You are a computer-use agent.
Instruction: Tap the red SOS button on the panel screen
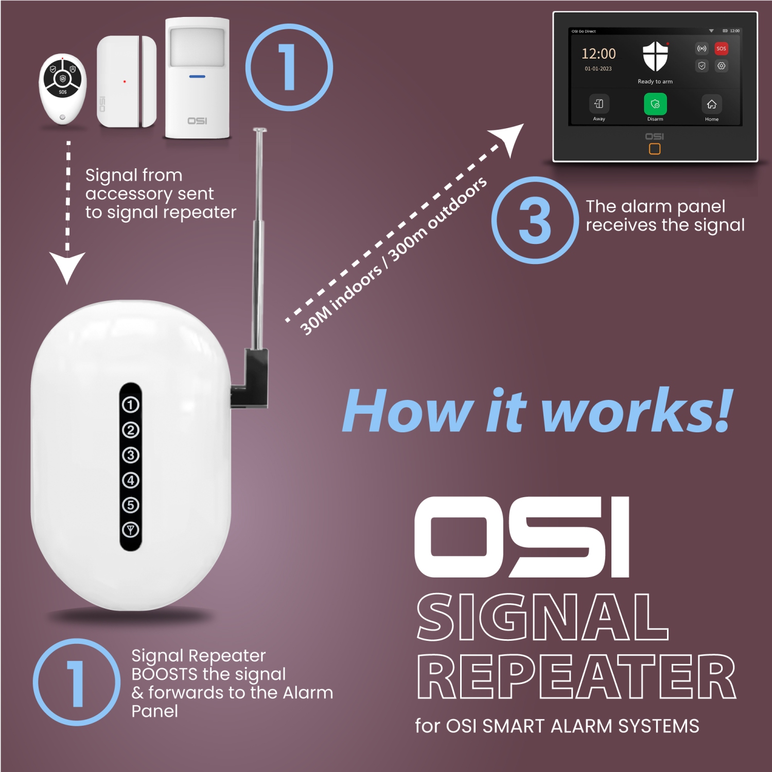tap(721, 49)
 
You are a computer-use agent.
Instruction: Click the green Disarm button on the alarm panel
tap(655, 104)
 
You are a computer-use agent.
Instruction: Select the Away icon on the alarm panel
tap(599, 104)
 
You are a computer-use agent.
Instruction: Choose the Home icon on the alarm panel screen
tap(711, 104)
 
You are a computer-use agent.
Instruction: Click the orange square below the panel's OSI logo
tap(655, 149)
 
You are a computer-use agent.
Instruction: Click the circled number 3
tap(535, 220)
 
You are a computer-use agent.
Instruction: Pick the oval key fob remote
tap(62, 90)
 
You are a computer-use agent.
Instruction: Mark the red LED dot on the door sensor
tap(125, 81)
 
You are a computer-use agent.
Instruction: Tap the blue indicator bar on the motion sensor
tap(197, 77)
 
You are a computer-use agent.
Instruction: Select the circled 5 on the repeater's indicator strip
tap(131, 505)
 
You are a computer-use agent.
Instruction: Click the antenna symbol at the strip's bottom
tap(131, 530)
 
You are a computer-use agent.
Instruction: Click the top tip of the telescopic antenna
tap(260, 130)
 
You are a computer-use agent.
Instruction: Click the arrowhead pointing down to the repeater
tap(67, 266)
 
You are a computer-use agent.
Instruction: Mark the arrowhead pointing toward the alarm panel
tap(509, 138)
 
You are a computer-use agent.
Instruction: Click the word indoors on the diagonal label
tap(357, 289)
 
